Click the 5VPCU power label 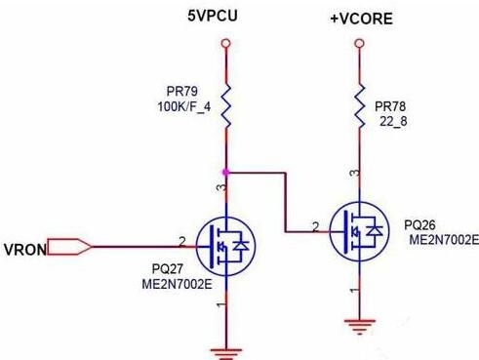[213, 16]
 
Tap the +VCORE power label [361, 19]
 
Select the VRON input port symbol [69, 247]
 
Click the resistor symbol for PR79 [226, 106]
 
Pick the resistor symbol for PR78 [360, 106]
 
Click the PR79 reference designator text [182, 92]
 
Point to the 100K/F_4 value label [184, 106]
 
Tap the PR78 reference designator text [390, 106]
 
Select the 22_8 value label [393, 122]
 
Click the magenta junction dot [225, 173]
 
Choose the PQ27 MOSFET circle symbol [225, 246]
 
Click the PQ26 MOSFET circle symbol [359, 231]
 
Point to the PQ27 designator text [168, 269]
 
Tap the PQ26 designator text [419, 225]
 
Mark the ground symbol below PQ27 [226, 354]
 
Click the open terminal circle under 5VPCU [225, 43]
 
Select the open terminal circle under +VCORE [359, 43]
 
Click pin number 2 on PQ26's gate [315, 226]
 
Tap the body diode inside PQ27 [242, 246]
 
